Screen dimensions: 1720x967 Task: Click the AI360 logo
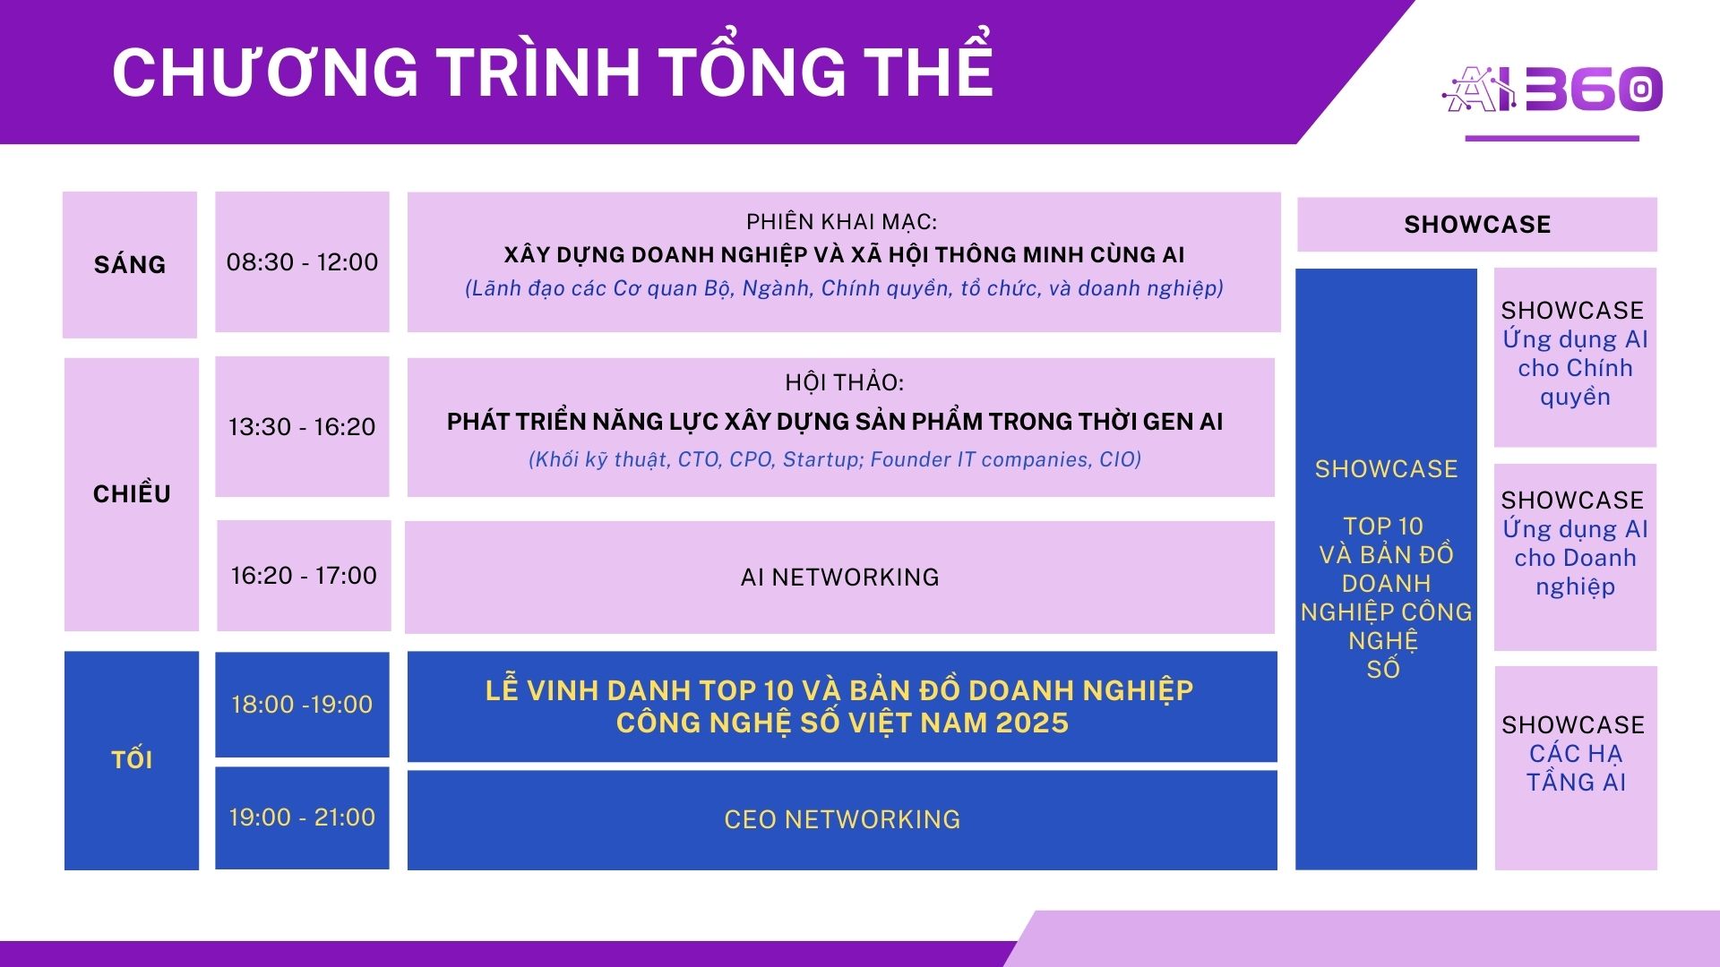point(1552,90)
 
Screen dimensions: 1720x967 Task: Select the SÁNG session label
point(130,264)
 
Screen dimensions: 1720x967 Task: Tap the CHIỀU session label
point(132,493)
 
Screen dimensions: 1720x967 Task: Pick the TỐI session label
point(132,759)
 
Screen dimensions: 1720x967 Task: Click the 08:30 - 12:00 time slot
point(302,262)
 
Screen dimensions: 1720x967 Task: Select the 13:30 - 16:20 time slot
point(302,426)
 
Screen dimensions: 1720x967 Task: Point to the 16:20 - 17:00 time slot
point(304,575)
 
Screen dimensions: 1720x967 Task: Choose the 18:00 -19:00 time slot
point(302,705)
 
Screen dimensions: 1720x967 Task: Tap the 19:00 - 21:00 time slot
point(302,817)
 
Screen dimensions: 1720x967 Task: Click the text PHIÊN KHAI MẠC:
point(842,221)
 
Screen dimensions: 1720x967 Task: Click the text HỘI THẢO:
point(844,382)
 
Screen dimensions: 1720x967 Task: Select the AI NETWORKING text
point(840,578)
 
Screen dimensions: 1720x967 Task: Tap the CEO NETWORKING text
point(842,819)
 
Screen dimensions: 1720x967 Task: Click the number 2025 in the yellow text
point(1032,723)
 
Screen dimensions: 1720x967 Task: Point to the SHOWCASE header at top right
point(1477,225)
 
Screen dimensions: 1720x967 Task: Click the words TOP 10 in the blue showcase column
point(1383,526)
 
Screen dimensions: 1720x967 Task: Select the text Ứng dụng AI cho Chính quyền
point(1575,368)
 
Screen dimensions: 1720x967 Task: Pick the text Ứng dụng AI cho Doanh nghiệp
point(1575,558)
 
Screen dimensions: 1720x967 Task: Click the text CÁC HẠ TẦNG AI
point(1575,768)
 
